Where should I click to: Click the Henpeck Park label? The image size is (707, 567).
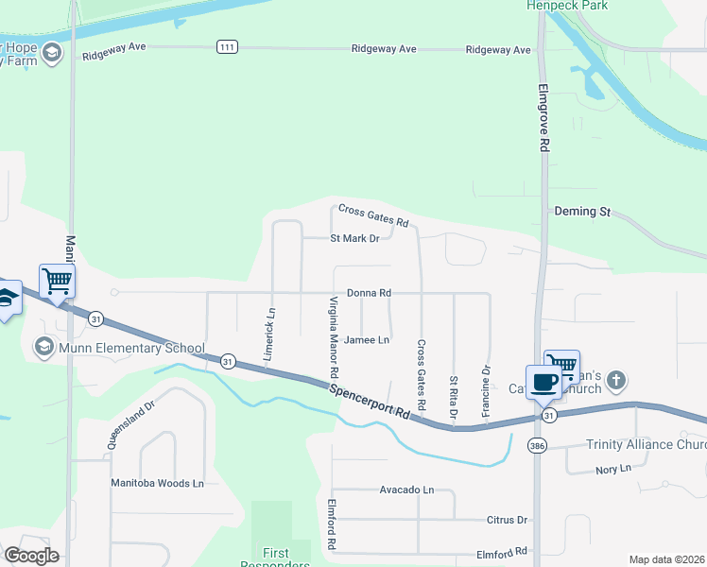pos(568,6)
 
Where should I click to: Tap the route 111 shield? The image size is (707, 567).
pos(226,46)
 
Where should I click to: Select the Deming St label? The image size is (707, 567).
pos(582,212)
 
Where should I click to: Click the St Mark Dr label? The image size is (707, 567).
pos(354,238)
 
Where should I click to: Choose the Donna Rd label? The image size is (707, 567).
pos(369,293)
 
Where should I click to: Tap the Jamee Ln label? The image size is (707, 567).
pos(367,339)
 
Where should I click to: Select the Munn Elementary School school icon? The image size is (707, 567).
pos(43,348)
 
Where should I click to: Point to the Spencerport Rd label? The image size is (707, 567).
pos(376,402)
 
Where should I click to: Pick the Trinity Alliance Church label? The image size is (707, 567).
pos(646,444)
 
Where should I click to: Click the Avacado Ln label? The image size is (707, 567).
pos(406,490)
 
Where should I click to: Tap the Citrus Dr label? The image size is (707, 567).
pos(509,520)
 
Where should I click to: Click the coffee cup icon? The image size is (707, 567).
pos(543,382)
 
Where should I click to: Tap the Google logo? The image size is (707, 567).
pos(31,556)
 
